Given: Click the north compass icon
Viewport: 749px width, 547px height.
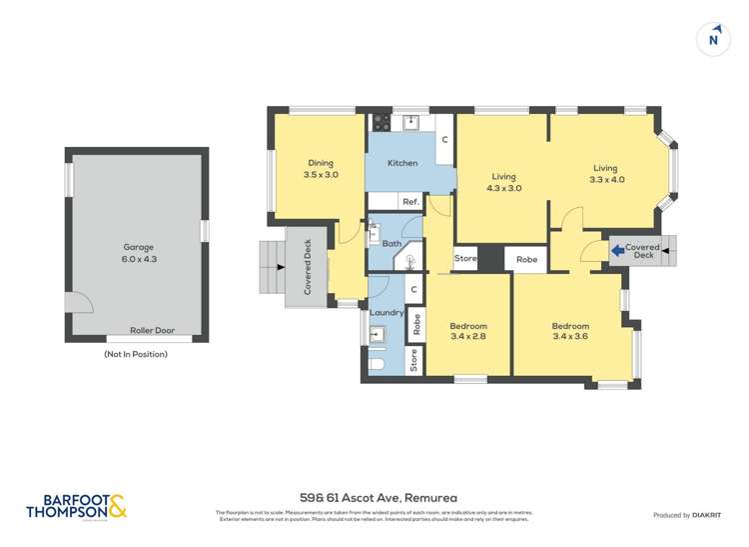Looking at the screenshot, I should click(x=713, y=37).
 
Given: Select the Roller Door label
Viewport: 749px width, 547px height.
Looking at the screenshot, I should click(x=152, y=331).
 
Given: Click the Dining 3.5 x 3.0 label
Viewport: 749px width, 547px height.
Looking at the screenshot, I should click(x=321, y=169).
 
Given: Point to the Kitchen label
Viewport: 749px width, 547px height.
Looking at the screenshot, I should click(x=402, y=163).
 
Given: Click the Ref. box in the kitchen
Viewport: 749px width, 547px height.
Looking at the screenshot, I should click(x=409, y=202).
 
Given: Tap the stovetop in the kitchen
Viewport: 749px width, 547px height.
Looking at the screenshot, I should click(x=379, y=123).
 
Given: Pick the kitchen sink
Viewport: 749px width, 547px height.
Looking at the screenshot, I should click(x=409, y=123).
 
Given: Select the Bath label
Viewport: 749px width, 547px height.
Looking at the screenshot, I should click(x=390, y=244).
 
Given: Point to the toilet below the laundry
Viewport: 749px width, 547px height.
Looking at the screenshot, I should click(x=377, y=362).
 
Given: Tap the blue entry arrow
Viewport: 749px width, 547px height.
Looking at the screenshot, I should click(x=617, y=247).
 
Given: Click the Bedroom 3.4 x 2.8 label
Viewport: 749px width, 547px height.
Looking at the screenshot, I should click(x=468, y=332).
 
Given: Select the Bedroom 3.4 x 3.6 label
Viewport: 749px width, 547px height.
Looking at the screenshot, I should click(x=570, y=332).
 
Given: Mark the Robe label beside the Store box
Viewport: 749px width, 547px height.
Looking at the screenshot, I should click(x=526, y=259).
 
